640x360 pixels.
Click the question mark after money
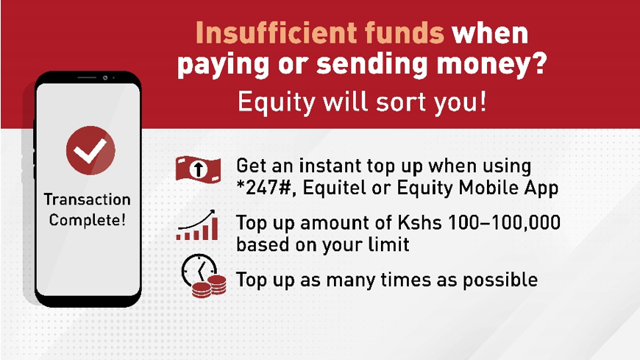point(540,63)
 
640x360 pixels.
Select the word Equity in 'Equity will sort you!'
point(277,102)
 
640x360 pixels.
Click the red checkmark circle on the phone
point(90,150)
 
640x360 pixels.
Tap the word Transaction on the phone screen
point(88,200)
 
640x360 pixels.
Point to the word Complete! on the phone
point(88,220)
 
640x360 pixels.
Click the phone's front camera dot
point(105,77)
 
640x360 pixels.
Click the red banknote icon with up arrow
point(198,169)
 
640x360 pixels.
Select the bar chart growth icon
point(197,225)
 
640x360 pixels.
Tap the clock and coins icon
point(203,276)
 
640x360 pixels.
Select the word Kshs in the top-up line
point(419,223)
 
